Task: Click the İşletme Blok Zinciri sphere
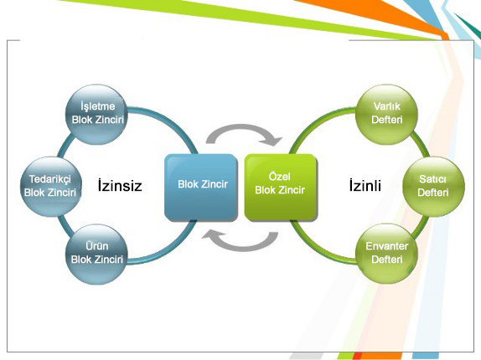tap(96, 114)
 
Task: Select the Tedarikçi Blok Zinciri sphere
tap(51, 187)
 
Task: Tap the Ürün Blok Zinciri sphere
tap(96, 254)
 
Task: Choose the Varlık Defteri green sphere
tap(386, 114)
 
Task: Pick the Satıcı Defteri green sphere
tap(433, 187)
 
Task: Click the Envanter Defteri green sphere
tap(386, 254)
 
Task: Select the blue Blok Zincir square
tap(201, 188)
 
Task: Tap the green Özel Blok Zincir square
tap(281, 188)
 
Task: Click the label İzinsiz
tap(120, 185)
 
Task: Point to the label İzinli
tap(365, 185)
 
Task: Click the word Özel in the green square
tap(279, 177)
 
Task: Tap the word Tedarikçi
tap(50, 179)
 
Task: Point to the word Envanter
tap(387, 246)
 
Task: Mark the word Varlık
tap(387, 106)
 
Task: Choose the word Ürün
tap(97, 245)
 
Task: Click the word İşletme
tap(97, 106)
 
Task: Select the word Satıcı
tap(432, 179)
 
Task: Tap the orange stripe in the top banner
tap(384, 15)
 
